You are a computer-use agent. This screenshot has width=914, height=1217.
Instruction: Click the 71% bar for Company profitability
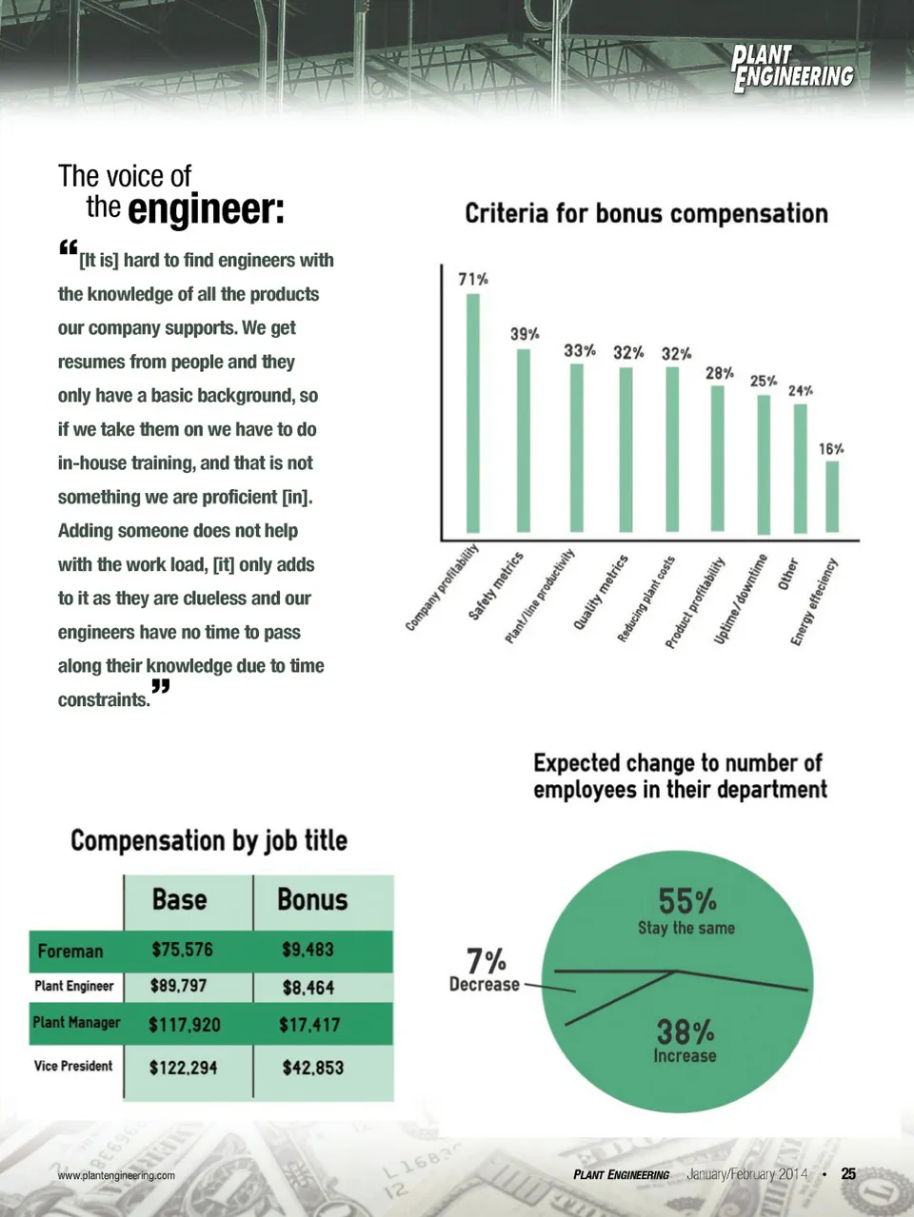[x=472, y=413]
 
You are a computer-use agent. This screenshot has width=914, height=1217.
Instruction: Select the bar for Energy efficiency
[x=832, y=496]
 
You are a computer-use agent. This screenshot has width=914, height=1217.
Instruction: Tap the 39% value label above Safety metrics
[x=525, y=334]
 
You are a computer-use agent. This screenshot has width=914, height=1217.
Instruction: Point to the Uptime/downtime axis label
[x=741, y=600]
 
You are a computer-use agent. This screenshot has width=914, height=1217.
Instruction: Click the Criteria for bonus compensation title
[x=646, y=213]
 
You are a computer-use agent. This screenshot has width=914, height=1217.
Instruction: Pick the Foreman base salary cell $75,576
[x=182, y=950]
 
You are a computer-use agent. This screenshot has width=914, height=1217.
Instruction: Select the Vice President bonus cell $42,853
[x=312, y=1068]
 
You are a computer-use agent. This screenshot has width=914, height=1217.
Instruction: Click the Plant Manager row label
[x=76, y=1023]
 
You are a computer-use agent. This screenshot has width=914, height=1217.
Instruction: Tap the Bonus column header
[x=312, y=900]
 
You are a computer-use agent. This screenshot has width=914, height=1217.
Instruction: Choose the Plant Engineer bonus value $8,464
[x=308, y=988]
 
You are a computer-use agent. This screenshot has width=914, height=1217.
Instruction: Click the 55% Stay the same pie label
[x=686, y=911]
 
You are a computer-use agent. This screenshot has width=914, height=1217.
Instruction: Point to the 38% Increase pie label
[x=685, y=1040]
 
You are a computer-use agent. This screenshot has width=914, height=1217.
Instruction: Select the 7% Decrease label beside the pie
[x=485, y=970]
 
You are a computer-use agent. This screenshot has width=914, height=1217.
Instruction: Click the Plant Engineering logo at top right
[x=791, y=69]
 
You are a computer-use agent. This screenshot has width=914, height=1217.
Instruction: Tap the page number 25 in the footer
[x=848, y=1174]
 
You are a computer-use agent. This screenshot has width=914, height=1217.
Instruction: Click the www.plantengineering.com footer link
[x=116, y=1175]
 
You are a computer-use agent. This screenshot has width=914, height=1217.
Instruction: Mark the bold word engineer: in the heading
[x=206, y=209]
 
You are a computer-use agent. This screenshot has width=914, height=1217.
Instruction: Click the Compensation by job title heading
[x=209, y=841]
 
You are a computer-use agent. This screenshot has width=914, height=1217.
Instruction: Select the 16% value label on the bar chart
[x=831, y=448]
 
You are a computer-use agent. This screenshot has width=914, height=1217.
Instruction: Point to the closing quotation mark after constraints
[x=160, y=687]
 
